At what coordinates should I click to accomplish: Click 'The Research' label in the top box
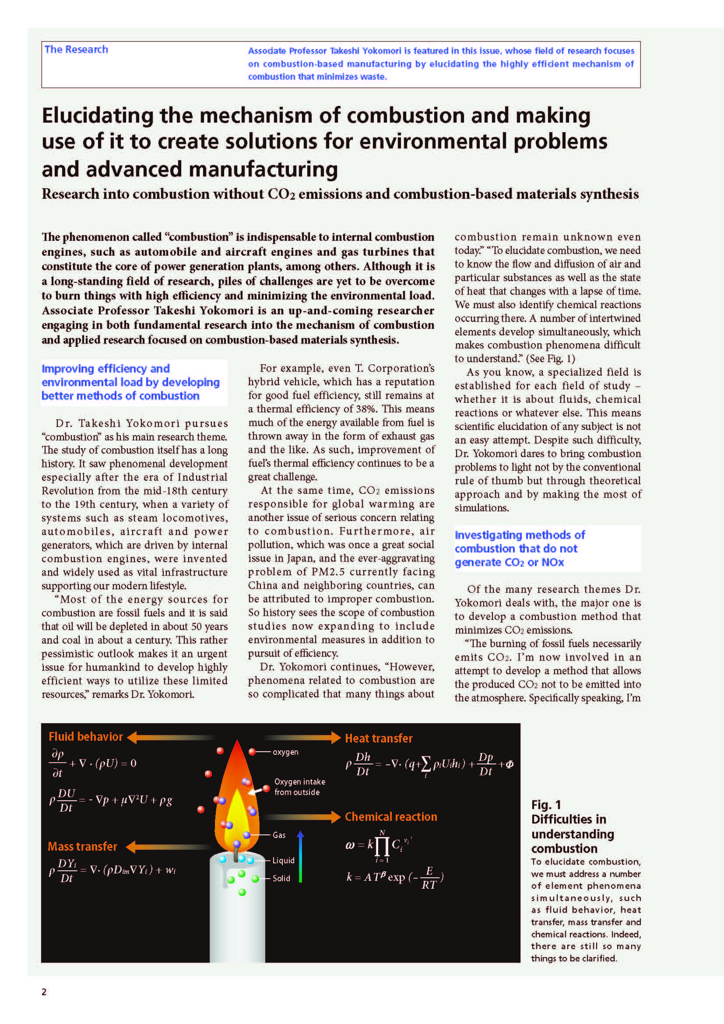click(76, 49)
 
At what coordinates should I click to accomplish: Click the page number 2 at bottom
click(44, 992)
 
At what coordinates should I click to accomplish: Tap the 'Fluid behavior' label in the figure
click(86, 736)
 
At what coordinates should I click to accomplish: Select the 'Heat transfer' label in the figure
click(379, 738)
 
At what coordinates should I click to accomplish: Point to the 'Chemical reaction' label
click(390, 816)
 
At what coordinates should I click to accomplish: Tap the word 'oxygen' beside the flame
click(285, 752)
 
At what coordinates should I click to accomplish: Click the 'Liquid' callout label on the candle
click(284, 860)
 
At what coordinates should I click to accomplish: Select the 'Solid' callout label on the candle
click(281, 878)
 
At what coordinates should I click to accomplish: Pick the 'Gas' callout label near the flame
click(279, 835)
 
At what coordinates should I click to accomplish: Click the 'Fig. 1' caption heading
click(546, 805)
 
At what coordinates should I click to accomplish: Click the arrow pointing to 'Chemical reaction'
click(303, 816)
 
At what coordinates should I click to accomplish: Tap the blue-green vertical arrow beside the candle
click(300, 856)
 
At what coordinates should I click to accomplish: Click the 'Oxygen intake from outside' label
click(299, 787)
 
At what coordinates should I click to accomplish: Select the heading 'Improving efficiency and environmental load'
click(130, 382)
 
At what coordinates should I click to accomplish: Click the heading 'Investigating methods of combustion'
click(520, 548)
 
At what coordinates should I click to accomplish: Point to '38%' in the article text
click(365, 409)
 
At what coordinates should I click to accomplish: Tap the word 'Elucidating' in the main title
click(97, 116)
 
